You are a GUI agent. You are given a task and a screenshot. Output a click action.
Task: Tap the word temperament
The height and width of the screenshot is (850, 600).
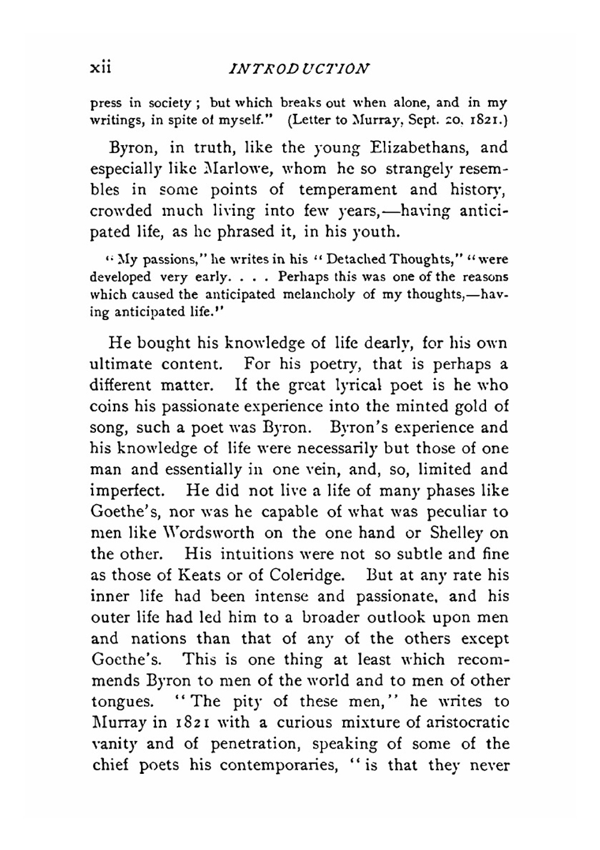[x=348, y=190]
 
